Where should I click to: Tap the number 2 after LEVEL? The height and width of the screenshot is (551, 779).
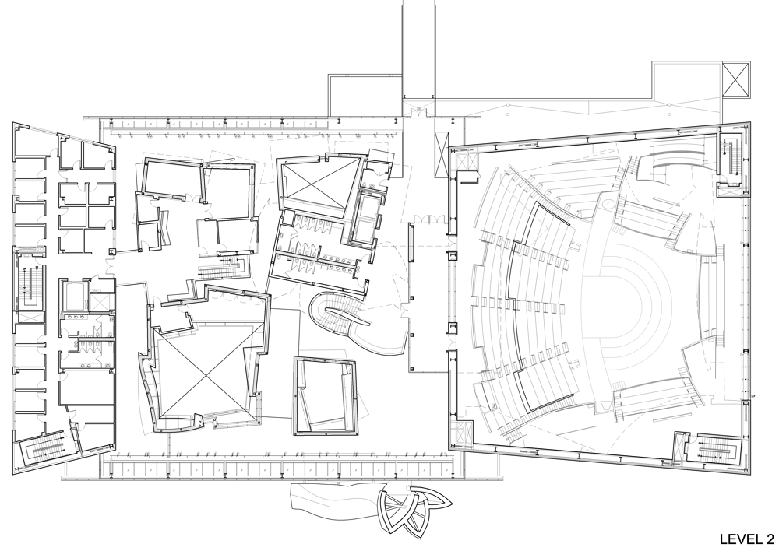(770, 539)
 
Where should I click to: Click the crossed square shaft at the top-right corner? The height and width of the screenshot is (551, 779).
(736, 79)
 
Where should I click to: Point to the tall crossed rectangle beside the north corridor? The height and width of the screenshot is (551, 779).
(441, 154)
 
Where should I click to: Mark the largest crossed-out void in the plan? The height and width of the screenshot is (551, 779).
(206, 372)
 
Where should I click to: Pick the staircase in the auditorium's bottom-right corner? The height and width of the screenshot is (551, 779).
(715, 449)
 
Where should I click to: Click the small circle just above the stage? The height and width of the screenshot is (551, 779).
(607, 204)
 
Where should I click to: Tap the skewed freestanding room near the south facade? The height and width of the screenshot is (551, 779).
(326, 395)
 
